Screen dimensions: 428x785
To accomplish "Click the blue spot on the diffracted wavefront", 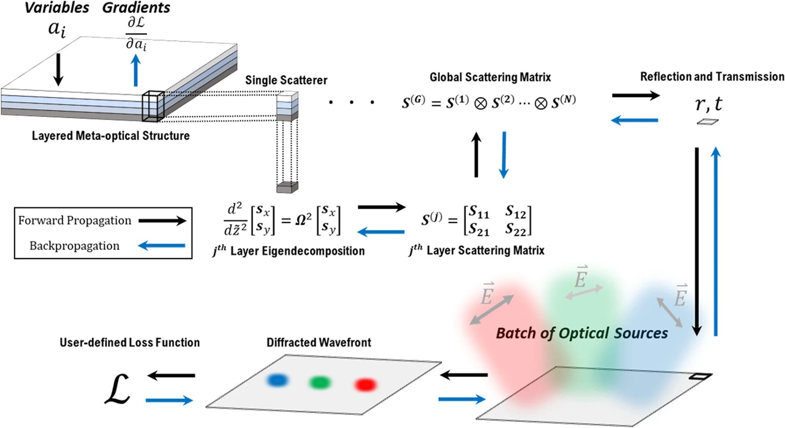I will (x=277, y=381).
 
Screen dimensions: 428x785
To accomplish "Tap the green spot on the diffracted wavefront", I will (x=320, y=383).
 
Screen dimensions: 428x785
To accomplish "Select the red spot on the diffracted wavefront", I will (x=365, y=385).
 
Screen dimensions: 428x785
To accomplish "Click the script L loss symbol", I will (x=117, y=390).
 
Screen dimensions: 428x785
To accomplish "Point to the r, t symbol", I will (x=708, y=104).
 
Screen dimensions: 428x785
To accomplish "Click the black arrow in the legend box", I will (x=162, y=220).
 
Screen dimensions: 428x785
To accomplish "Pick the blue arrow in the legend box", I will (x=162, y=245).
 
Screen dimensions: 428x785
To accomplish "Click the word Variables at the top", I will (x=56, y=8).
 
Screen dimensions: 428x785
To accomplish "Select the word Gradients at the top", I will (x=136, y=8).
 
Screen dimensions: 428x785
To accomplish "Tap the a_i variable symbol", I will (x=57, y=29).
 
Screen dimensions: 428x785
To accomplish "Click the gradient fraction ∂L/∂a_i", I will (x=136, y=34).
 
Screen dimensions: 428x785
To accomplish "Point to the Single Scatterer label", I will (x=286, y=80).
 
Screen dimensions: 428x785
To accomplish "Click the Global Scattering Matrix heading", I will (x=490, y=77).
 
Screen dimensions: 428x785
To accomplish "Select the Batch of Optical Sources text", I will (x=582, y=333).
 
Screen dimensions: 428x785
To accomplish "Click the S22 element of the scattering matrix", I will (x=516, y=229).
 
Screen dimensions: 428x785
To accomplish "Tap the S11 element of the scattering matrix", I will (x=479, y=212).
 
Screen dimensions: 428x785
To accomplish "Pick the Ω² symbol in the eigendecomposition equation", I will (x=303, y=219).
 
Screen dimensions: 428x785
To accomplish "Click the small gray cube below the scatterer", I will (x=287, y=187).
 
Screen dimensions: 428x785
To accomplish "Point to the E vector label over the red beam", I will (x=487, y=294).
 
